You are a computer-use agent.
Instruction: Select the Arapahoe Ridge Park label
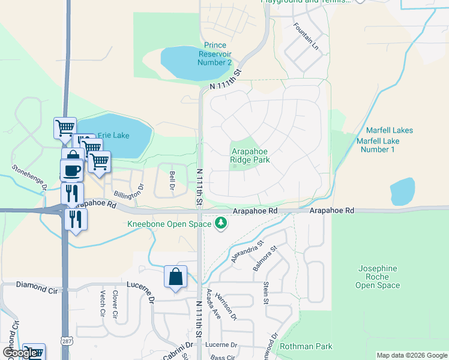[x=250, y=156]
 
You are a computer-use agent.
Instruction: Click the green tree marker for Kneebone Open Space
[x=221, y=224]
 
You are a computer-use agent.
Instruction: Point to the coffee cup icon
[x=72, y=170]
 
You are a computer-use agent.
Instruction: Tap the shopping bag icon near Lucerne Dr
[x=175, y=277]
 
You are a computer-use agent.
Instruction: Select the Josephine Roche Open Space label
[x=378, y=277]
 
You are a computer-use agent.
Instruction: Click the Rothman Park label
[x=306, y=346]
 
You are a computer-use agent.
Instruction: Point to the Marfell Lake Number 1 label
[x=378, y=145]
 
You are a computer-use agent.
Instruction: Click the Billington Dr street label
[x=130, y=191]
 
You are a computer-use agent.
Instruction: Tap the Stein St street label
[x=265, y=291]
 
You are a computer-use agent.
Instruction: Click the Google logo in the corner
[x=19, y=353]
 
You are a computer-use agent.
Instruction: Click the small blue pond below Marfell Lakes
[x=402, y=191]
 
